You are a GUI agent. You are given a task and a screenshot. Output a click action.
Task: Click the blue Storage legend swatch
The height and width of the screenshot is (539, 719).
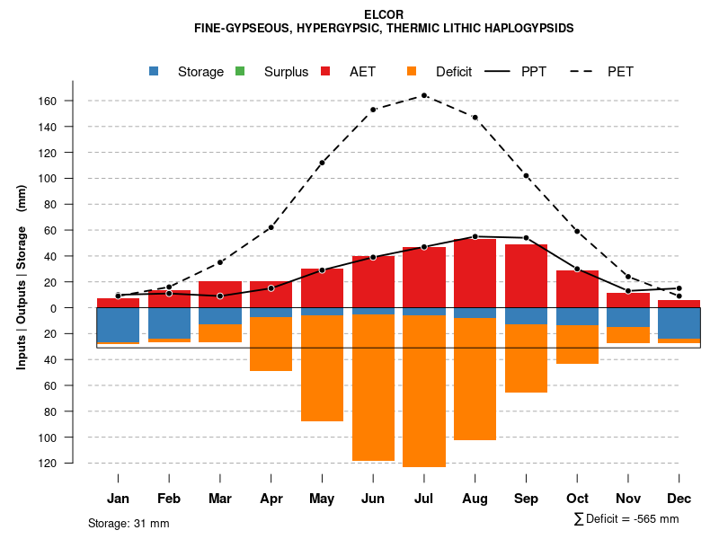pos(155,71)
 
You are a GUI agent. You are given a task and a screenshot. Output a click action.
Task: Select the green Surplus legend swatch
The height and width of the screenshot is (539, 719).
pos(240,71)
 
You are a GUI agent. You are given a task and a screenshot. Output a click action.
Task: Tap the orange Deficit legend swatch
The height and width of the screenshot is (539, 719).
pos(412,71)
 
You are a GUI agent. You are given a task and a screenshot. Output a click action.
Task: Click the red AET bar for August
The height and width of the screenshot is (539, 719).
pos(475,273)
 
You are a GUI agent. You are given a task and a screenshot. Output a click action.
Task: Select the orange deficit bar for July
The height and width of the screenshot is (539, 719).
pos(424,391)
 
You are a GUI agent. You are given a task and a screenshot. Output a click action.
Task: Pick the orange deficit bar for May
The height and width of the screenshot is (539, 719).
pos(322,368)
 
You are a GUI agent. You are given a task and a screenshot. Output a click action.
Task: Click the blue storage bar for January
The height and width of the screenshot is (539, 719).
pos(118,325)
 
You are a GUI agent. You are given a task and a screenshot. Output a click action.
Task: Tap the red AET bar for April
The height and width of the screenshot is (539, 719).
pos(271,295)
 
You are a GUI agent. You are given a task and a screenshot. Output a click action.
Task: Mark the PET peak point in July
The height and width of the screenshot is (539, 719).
pos(424,95)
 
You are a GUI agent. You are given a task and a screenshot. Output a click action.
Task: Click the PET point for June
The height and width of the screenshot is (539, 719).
pos(373,110)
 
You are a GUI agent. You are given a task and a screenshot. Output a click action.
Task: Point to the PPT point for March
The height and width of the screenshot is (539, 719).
pos(220,296)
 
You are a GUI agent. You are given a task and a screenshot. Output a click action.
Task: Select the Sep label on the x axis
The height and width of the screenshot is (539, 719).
pos(526,499)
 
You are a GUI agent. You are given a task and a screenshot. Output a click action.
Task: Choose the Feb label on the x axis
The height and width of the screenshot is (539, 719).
pos(169,499)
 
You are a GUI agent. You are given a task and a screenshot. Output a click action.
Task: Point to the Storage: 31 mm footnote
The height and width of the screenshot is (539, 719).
pos(129,523)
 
